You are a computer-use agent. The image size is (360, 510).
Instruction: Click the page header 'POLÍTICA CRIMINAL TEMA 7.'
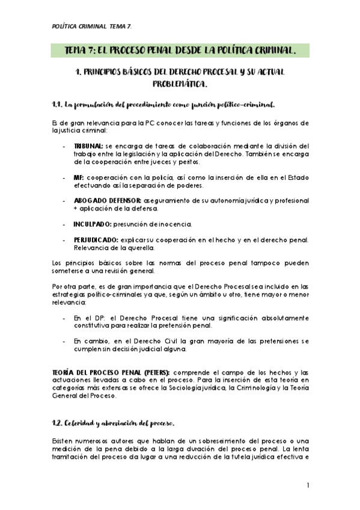click(90, 26)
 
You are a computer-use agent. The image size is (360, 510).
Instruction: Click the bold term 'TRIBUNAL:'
click(88, 146)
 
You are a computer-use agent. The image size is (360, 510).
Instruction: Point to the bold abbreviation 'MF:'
click(79, 178)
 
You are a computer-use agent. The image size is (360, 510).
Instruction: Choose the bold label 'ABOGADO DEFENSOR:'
click(107, 200)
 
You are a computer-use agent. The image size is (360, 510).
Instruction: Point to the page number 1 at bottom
click(307, 485)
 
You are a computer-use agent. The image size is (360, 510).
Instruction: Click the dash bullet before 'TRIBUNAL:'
click(64, 146)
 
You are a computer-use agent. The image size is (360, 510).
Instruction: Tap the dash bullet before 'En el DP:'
click(64, 317)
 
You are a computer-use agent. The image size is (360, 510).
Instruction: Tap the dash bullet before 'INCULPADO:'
click(64, 224)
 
